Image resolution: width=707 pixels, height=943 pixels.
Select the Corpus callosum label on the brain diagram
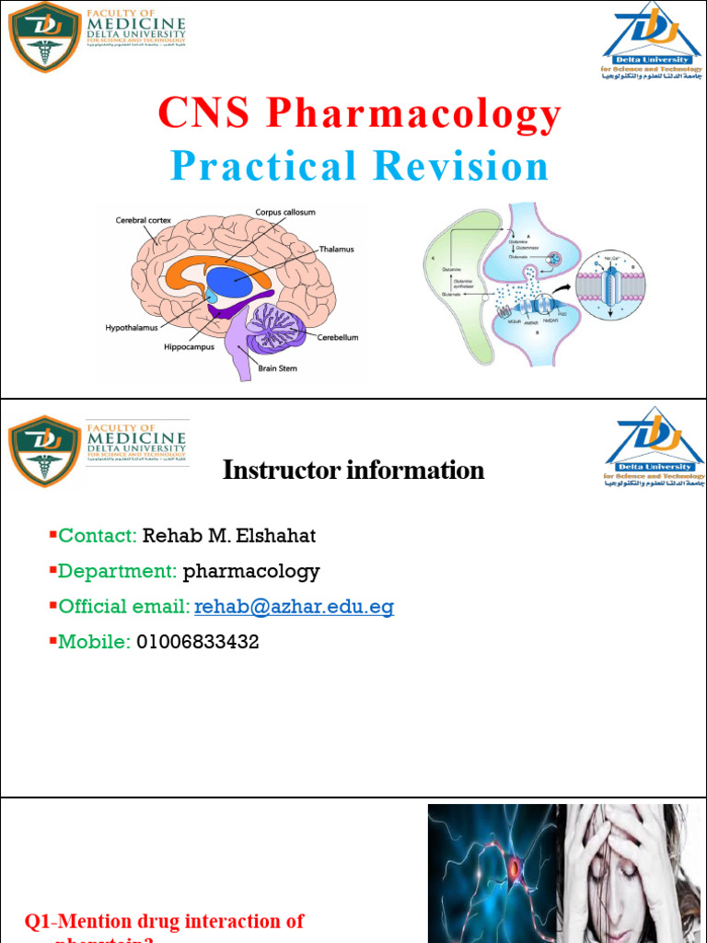284,213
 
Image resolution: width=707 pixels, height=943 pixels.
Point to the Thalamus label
336,250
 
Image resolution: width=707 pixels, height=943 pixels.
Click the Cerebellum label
338,338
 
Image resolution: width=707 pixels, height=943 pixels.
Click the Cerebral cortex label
144,220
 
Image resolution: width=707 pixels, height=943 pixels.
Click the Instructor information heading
353,471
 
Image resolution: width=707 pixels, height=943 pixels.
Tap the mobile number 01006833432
198,642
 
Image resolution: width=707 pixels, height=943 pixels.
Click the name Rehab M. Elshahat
229,536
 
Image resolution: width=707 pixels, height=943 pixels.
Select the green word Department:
118,571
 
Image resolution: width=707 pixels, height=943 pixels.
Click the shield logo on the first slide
43,38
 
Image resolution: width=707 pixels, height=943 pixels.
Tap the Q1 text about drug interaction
164,922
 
